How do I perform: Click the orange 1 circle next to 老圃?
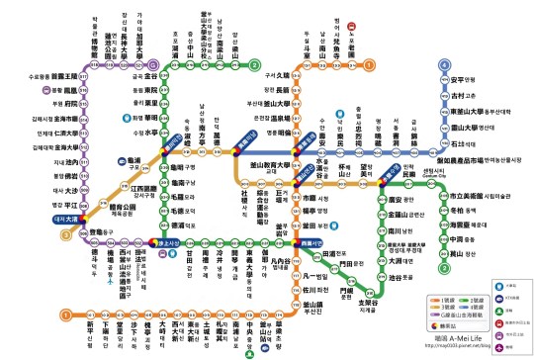368,64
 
